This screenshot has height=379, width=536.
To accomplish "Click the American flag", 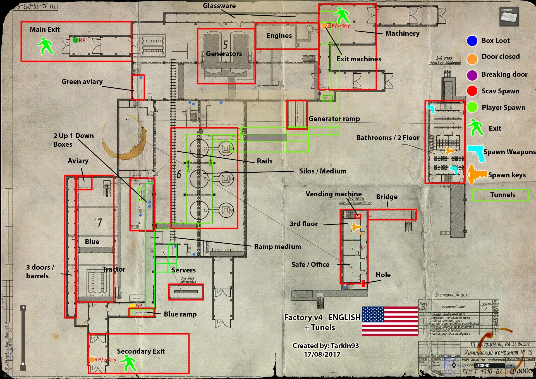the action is pos(390,321).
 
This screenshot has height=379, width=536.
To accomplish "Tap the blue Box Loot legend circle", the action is pos(472,41).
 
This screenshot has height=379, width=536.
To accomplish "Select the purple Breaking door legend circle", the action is pos(472,75).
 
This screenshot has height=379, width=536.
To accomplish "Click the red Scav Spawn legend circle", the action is pos(472,91).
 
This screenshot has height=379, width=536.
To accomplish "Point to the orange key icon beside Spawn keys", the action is pos(476,175).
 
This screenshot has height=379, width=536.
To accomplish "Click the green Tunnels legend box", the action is pos(500,195).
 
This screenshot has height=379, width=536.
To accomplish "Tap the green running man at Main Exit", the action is pos(45,46).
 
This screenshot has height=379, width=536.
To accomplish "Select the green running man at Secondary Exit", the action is pos(129,363).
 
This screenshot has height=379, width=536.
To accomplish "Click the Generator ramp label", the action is pos(334,119).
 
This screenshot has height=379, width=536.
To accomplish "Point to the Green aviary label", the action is pos(82,82).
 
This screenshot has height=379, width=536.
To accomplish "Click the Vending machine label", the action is pos(333,194).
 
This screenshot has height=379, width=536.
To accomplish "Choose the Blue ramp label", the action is pos(180,314).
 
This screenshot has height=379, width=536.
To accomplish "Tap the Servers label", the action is pos(183,270).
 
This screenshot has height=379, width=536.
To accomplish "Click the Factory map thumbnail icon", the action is pos(509,17).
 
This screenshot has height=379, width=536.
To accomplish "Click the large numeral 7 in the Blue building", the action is pos(100,222).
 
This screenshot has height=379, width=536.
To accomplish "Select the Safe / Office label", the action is pos(310,264).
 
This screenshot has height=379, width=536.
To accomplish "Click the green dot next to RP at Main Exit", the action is pos(75,40).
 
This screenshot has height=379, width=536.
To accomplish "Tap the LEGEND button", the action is pos(482,366).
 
